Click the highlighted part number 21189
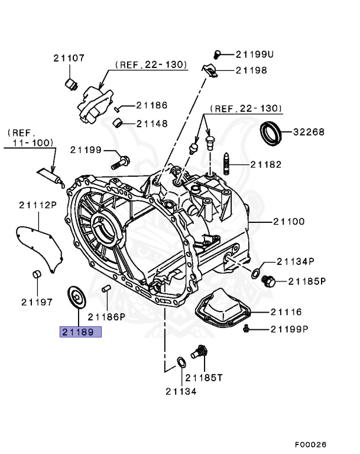click(80, 332)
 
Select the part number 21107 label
click(69, 58)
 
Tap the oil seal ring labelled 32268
click(273, 133)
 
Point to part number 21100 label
click(288, 222)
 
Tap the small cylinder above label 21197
click(35, 274)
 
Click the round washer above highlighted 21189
click(76, 294)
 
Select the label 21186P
click(107, 316)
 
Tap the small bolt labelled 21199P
click(246, 328)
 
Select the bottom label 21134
click(180, 391)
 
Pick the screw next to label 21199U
click(218, 54)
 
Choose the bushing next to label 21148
click(119, 123)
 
